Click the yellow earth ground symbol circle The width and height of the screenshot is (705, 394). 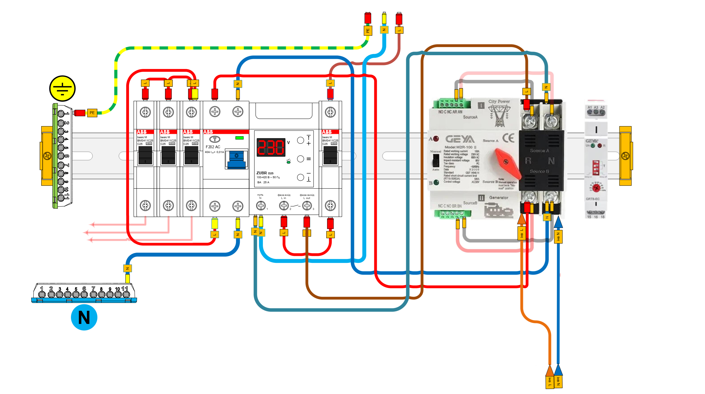coord(62,88)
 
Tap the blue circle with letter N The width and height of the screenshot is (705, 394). coord(84,317)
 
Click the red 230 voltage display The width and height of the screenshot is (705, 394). coord(271,147)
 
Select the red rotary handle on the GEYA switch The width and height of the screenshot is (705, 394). coord(507,163)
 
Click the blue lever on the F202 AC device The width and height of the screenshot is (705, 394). coord(236,160)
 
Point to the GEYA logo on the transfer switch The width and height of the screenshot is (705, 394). coord(460,139)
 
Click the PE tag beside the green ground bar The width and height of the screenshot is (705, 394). coord(92,113)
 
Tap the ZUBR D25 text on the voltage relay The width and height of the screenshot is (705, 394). coord(265,173)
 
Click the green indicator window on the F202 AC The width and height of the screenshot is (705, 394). coord(239,138)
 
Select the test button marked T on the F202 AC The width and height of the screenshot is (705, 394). coord(215,139)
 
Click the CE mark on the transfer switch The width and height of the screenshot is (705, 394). coord(508,138)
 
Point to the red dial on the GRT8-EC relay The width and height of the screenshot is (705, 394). coord(596,188)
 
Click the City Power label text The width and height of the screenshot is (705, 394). coord(499,101)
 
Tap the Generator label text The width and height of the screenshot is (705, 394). coord(499,198)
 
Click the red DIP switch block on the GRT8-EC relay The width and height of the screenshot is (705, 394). coord(596,168)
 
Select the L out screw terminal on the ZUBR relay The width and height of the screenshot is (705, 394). coord(307,206)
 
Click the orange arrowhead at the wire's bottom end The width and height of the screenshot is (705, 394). coord(549,370)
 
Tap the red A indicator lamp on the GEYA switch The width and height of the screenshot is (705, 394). coord(436,139)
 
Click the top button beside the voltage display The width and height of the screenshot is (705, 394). coord(300,140)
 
